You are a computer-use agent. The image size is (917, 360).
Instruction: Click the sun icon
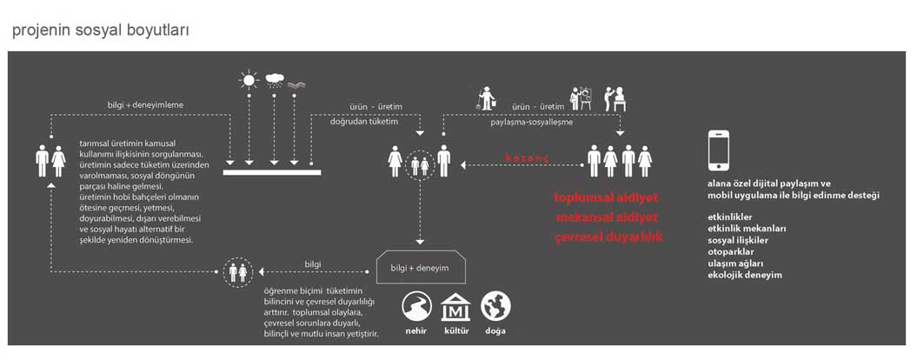249,80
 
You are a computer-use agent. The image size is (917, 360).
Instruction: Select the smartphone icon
719,150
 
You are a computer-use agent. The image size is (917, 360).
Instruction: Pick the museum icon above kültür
455,307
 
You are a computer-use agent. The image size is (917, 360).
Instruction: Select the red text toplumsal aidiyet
608,197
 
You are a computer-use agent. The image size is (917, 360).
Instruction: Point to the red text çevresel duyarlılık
608,238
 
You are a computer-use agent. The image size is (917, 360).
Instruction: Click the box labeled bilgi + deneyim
419,268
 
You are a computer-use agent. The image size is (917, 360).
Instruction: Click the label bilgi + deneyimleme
146,104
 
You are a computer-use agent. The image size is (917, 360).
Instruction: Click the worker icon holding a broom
485,98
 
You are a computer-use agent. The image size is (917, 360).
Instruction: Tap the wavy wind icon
295,84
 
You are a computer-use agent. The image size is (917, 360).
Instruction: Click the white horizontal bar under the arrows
272,172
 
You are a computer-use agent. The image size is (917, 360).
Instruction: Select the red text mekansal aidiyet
608,217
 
